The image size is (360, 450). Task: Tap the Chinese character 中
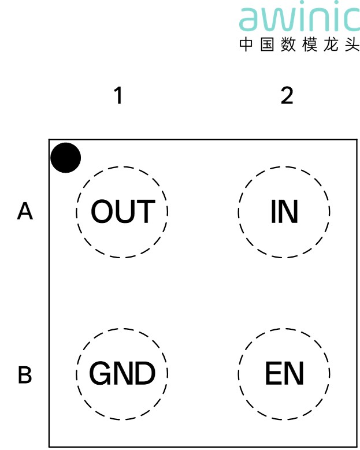[x=246, y=44]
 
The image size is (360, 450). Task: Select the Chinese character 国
[x=268, y=44]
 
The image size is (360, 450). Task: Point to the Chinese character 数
[x=288, y=44]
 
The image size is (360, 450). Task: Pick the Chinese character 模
[x=310, y=44]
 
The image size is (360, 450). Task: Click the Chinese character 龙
[x=331, y=44]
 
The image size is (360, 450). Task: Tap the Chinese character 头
[x=352, y=44]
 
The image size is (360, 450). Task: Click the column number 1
[x=118, y=95]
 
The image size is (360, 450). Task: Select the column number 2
[x=287, y=95]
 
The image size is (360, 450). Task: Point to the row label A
[x=25, y=211]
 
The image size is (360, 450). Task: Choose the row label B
[x=25, y=374]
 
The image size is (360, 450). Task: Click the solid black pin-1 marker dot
[x=66, y=158]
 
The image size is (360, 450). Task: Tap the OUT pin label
[x=123, y=211]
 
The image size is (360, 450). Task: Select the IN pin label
[x=284, y=211]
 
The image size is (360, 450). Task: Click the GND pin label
[x=123, y=373]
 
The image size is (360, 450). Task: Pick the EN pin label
[x=284, y=373]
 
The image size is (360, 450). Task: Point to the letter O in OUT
[x=102, y=211]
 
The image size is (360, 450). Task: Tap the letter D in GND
[x=145, y=373]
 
